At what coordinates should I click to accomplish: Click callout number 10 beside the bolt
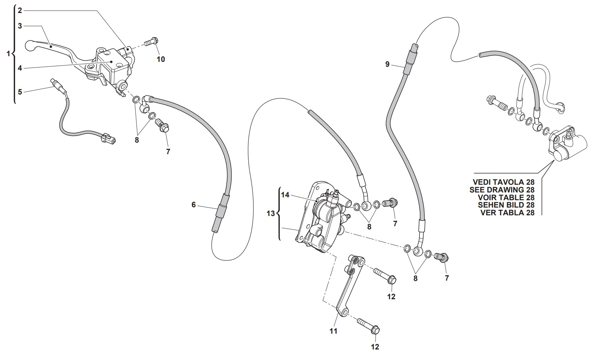(x=160, y=59)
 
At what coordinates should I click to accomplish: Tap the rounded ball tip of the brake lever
(x=30, y=45)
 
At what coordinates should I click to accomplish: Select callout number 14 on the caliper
(x=285, y=195)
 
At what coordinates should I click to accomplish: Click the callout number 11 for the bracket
(x=333, y=330)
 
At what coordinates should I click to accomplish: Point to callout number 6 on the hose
(x=193, y=204)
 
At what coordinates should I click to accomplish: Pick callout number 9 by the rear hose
(x=387, y=64)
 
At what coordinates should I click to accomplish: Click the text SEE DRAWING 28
(x=502, y=190)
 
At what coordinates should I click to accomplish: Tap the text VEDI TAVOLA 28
(x=503, y=182)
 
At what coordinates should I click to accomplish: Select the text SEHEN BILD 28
(x=506, y=205)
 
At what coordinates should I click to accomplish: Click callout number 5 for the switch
(x=20, y=92)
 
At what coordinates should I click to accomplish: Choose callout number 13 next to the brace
(x=271, y=213)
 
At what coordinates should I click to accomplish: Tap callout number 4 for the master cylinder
(x=20, y=68)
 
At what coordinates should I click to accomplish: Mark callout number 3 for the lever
(x=20, y=26)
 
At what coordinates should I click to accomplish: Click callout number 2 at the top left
(x=20, y=11)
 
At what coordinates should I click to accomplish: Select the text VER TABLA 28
(x=507, y=213)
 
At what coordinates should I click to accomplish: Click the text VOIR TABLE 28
(x=506, y=198)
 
